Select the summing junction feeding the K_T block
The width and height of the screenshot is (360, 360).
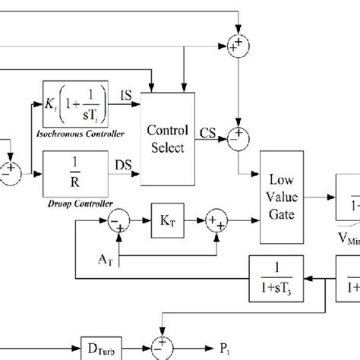119,222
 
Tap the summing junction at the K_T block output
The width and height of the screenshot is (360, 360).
216,222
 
